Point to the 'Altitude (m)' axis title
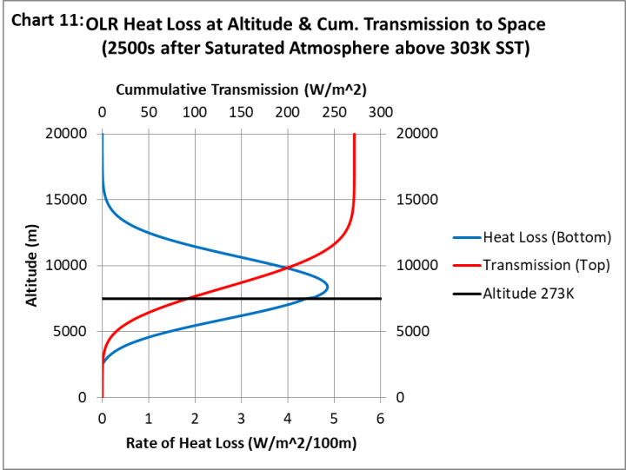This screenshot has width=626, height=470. pos(31,266)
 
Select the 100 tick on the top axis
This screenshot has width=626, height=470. pos(195,113)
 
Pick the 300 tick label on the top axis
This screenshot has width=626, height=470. pos(381,113)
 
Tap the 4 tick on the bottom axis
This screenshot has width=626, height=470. pos(288,419)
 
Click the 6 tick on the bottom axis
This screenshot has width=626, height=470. pos(381,419)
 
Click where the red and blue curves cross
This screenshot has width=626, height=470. pos(288,267)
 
